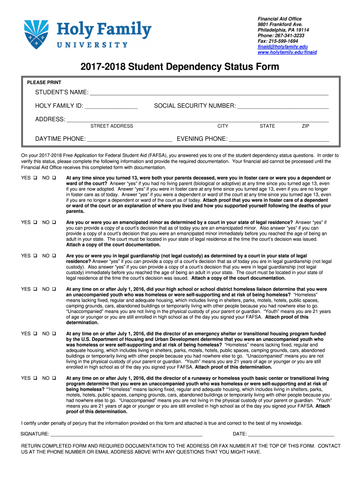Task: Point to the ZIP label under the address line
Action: tap(305, 126)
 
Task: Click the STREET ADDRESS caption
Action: tap(112, 126)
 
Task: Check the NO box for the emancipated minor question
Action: tap(54, 222)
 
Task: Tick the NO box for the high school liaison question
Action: tap(54, 290)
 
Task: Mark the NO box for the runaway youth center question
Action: tap(54, 378)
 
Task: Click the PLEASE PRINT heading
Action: tap(44, 82)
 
